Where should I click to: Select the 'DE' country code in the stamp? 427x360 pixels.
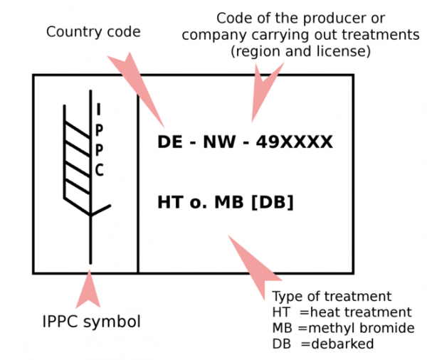pos(169,142)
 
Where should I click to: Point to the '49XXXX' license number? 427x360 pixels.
pos(295,142)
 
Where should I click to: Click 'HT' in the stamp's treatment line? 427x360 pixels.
pos(169,203)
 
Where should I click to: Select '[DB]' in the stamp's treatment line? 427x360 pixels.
pos(272,203)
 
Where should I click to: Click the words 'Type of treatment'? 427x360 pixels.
pos(332,297)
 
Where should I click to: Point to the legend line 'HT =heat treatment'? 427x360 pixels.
pos(342,312)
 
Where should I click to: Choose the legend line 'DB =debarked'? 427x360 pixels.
pos(322,344)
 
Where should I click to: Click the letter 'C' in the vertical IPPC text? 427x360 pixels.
pos(100,171)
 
